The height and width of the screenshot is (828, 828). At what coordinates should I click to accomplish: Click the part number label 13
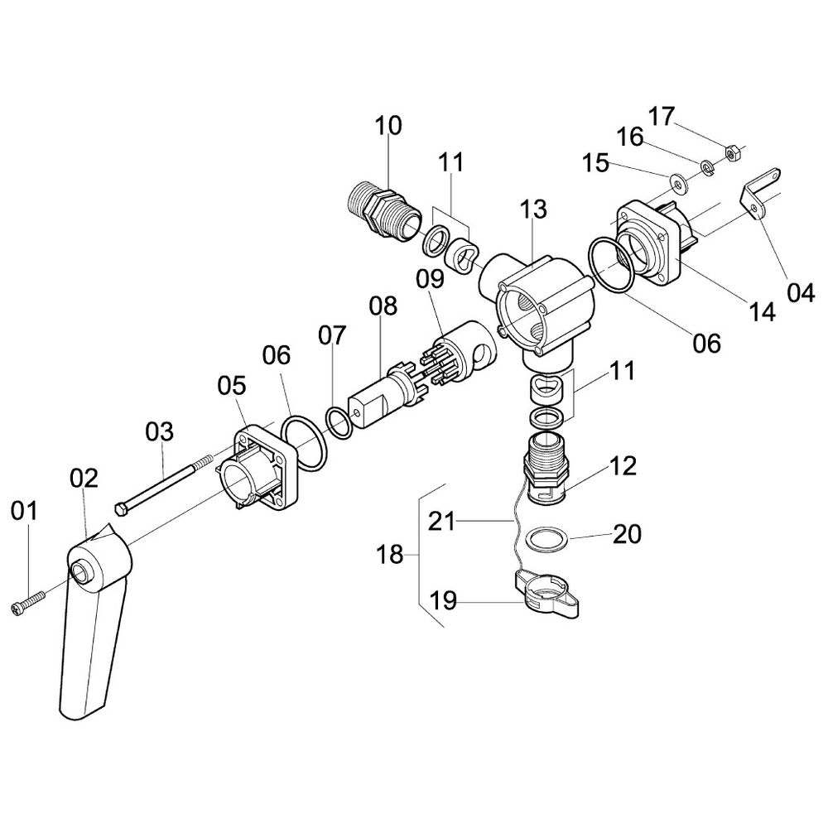(532, 209)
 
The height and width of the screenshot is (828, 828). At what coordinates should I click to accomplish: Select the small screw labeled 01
(27, 602)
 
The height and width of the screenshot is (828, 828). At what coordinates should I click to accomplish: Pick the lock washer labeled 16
(707, 168)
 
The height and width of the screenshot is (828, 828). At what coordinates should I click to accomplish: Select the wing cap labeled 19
(546, 593)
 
